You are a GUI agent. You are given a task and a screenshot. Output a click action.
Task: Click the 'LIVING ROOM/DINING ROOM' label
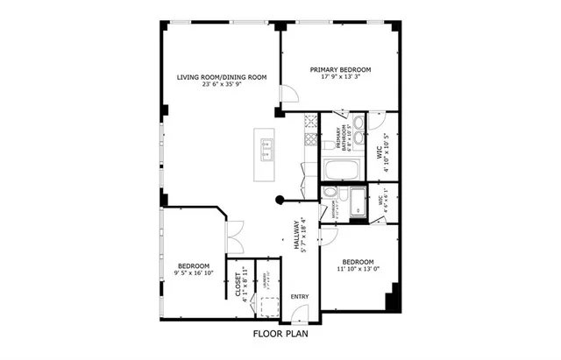pos(221,77)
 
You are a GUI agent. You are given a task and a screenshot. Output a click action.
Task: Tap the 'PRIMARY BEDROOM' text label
pos(341,70)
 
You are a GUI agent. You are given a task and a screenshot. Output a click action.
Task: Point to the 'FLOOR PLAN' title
pos(280,334)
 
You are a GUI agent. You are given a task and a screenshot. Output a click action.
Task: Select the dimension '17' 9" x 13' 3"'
pos(341,77)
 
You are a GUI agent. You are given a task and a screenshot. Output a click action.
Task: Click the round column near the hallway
pos(280,199)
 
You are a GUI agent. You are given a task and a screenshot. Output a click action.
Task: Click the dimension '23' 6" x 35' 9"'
pos(221,85)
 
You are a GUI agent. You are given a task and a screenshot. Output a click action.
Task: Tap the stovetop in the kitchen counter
pos(309,141)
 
